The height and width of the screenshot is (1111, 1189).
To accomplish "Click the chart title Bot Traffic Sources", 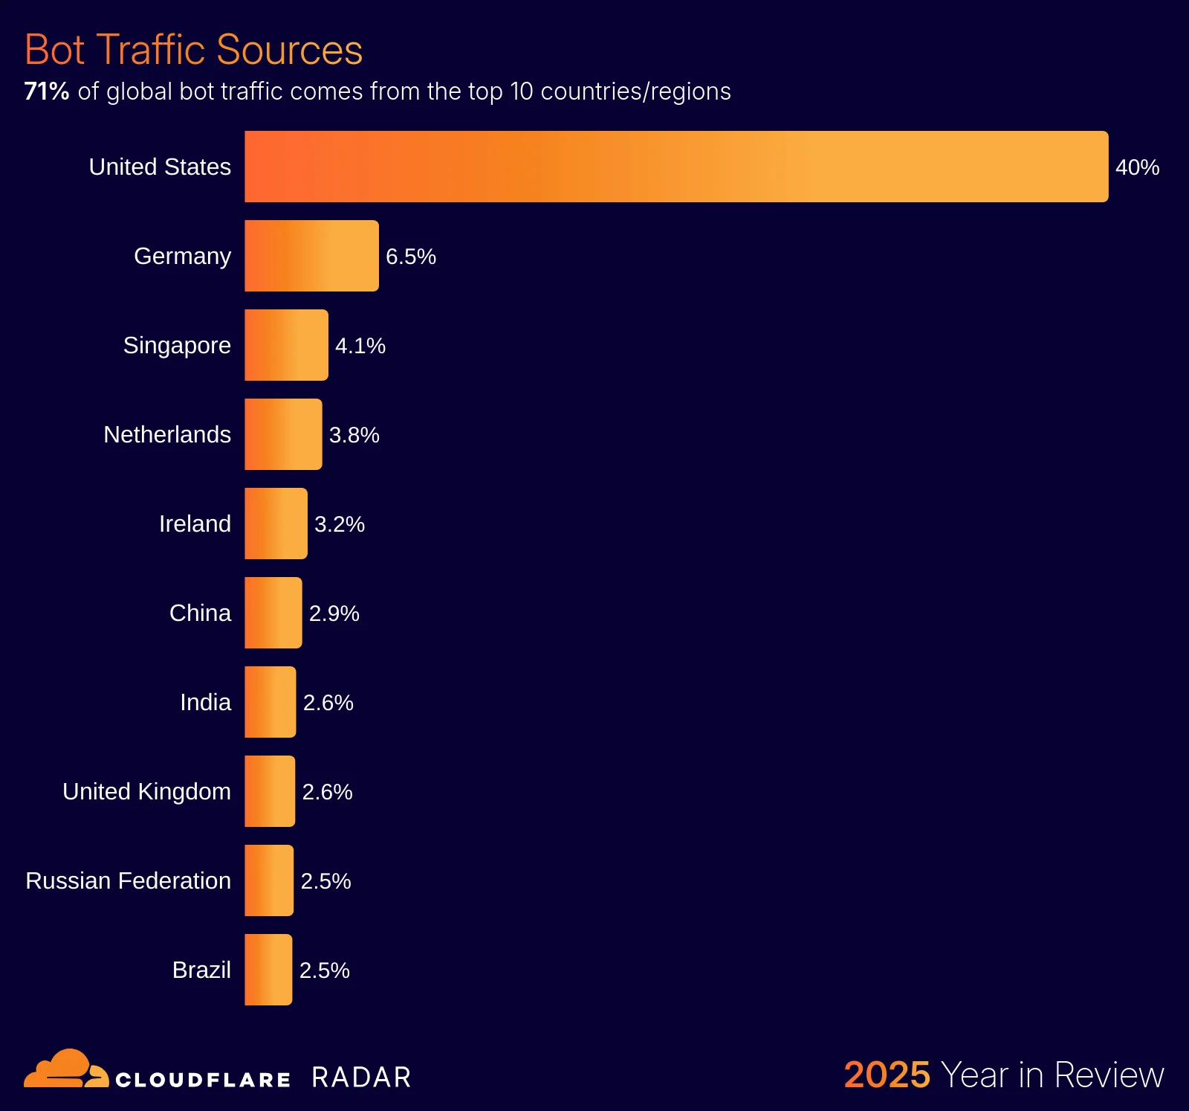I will click(193, 50).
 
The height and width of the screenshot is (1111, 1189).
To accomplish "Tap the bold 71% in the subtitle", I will click(46, 91).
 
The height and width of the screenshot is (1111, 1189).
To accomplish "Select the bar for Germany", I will click(311, 256).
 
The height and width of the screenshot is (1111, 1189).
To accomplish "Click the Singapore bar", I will click(286, 345).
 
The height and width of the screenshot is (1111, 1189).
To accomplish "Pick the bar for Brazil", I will click(268, 970).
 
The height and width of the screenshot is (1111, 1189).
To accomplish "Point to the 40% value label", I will click(1137, 167).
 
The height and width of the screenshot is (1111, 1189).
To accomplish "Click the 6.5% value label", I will click(410, 257).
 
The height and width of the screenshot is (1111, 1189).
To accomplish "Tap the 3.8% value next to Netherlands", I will click(354, 435).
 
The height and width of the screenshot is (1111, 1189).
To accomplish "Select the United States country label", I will click(160, 167).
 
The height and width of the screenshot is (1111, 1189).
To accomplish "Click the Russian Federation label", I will click(128, 880).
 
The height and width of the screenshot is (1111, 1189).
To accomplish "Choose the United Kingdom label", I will click(146, 791).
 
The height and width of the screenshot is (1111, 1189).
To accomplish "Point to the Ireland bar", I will click(276, 524).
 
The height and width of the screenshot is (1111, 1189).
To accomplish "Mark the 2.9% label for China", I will click(334, 614).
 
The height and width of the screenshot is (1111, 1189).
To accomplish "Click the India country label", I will click(205, 702).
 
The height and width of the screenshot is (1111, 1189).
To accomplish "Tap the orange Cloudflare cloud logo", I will click(65, 1069).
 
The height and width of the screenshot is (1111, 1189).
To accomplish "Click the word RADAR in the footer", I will click(361, 1078).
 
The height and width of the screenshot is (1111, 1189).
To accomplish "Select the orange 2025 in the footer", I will click(887, 1075).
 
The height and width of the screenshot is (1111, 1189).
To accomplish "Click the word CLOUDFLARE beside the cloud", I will click(203, 1080).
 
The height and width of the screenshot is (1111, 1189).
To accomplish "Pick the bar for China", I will click(273, 613).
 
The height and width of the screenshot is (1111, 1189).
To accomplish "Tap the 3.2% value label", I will click(339, 524).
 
